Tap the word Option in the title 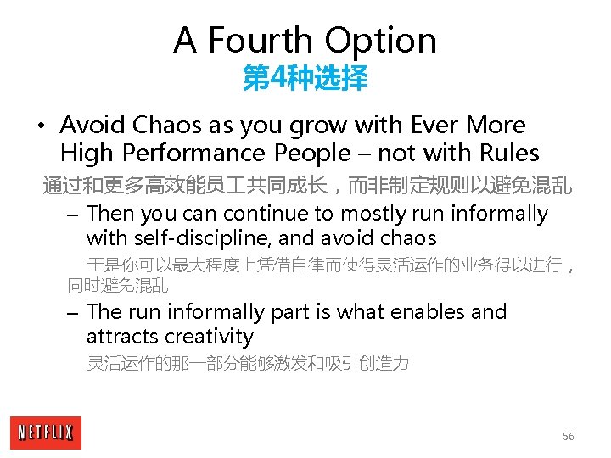[382, 41]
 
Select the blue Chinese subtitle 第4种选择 [305, 80]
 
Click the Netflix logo [46, 433]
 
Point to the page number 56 [568, 436]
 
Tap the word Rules [507, 154]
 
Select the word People [311, 154]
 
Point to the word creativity [209, 337]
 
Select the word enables [425, 312]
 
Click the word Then [110, 214]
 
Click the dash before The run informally [73, 313]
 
